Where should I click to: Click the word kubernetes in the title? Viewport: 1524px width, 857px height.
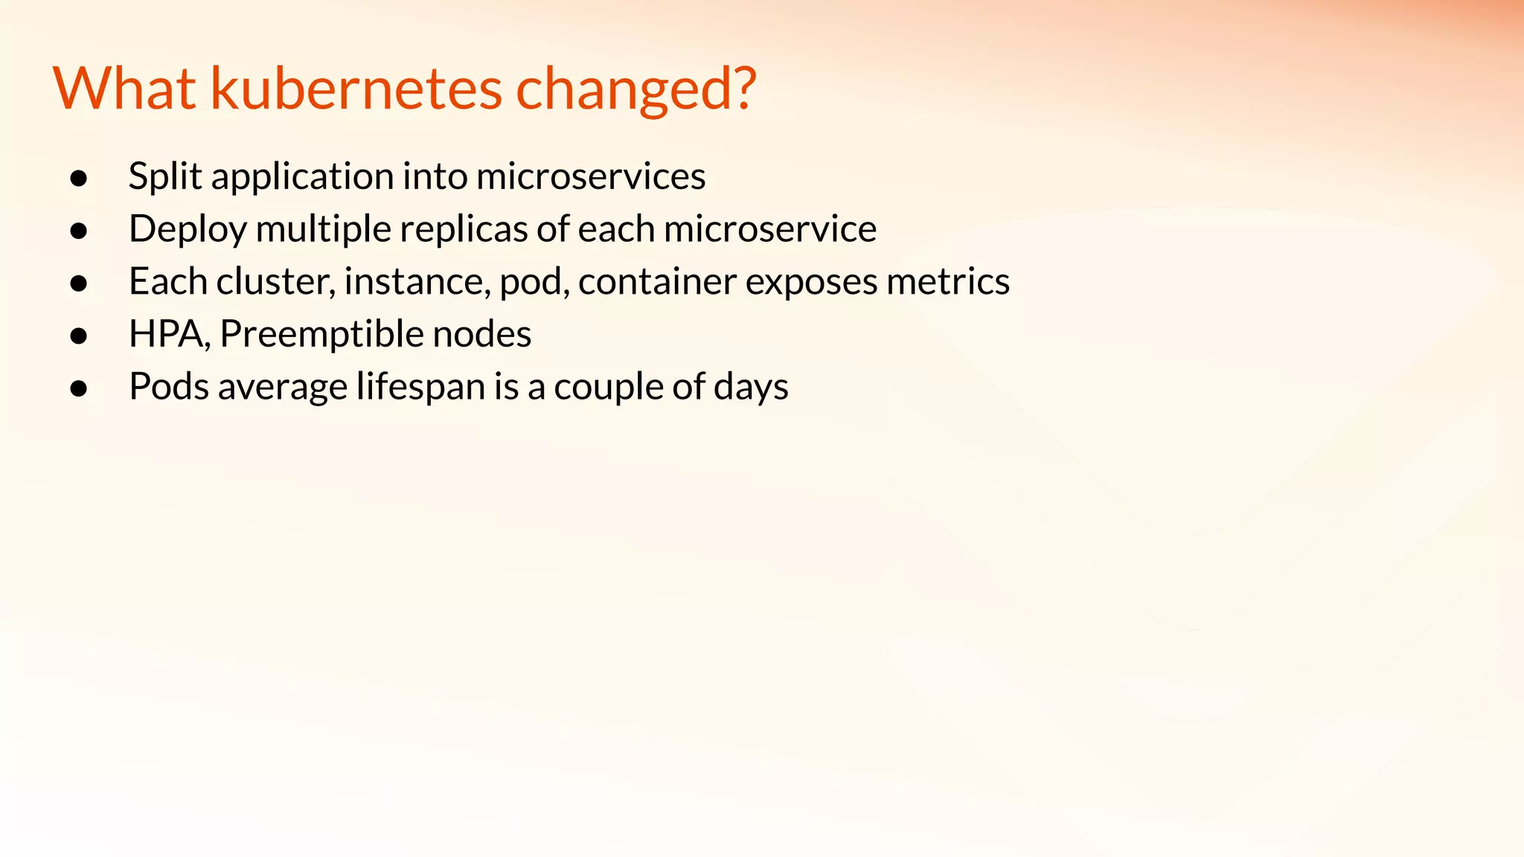click(x=356, y=89)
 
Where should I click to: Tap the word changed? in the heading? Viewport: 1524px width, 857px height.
click(x=635, y=89)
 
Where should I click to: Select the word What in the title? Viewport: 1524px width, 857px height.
click(x=124, y=89)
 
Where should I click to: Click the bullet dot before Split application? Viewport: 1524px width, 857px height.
click(x=79, y=179)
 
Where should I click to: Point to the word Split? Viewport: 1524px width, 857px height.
click(x=164, y=177)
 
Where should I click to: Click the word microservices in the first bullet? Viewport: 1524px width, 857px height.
click(x=590, y=177)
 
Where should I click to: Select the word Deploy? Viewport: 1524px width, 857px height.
click(x=188, y=229)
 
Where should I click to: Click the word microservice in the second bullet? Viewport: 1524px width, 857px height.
click(x=769, y=229)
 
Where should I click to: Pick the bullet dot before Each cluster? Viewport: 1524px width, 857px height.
click(x=79, y=283)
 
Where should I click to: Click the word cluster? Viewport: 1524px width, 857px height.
click(x=275, y=282)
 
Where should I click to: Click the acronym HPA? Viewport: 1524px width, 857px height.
click(x=168, y=334)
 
